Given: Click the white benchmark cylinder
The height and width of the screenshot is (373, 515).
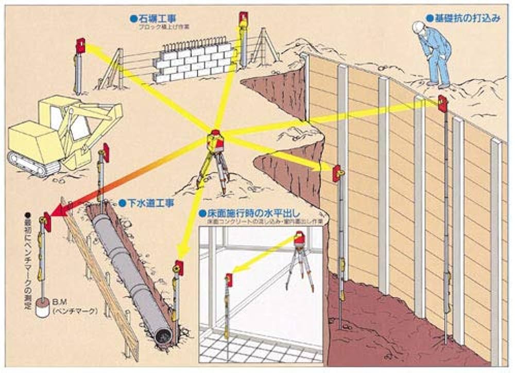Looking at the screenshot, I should click(x=42, y=309).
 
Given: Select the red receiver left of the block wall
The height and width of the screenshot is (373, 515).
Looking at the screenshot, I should click(x=81, y=46).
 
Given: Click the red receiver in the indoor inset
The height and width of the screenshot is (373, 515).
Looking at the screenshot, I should click(x=229, y=279).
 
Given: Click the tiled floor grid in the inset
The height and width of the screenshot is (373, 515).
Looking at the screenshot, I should click(x=257, y=350).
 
